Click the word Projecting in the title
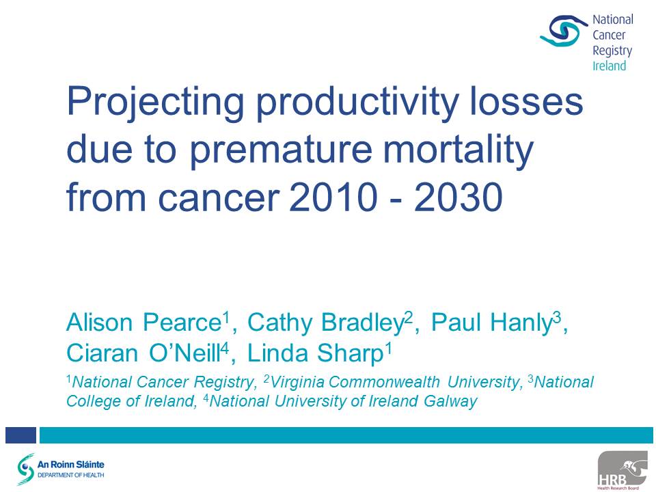[x=155, y=103]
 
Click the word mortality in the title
[x=459, y=150]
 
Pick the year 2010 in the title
[x=333, y=197]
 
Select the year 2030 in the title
[x=458, y=197]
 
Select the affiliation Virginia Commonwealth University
[x=394, y=382]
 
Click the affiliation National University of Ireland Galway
[x=343, y=401]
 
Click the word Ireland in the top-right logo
[x=609, y=66]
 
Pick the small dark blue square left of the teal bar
[x=20, y=435]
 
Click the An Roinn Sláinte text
[x=70, y=465]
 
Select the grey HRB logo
[x=625, y=470]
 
